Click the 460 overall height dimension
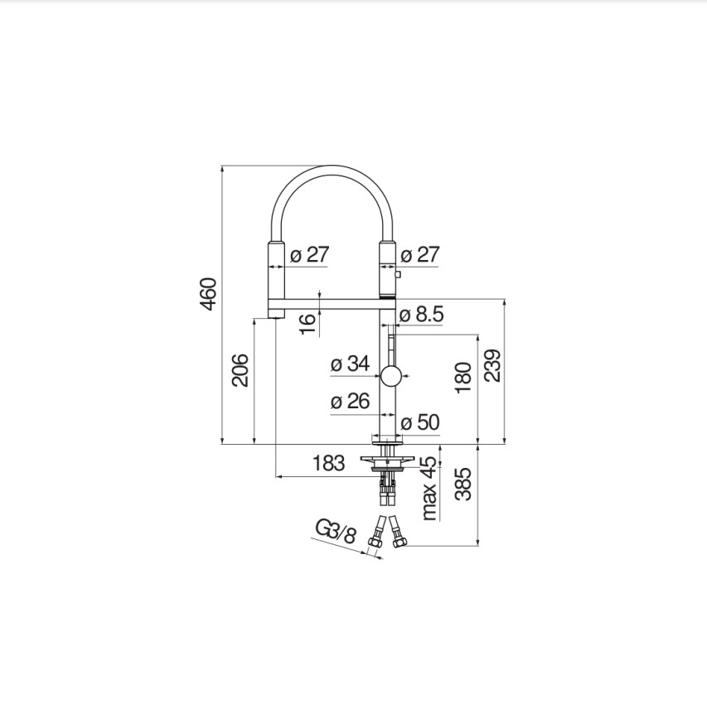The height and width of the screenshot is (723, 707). [x=209, y=294]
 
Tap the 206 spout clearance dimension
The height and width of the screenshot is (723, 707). [x=240, y=370]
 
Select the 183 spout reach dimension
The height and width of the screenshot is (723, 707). [x=328, y=463]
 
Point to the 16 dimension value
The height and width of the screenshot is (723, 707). [x=307, y=324]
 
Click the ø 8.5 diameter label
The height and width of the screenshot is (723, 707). [x=422, y=314]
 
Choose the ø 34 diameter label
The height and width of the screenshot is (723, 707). [x=351, y=364]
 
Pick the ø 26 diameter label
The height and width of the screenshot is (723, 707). [x=351, y=401]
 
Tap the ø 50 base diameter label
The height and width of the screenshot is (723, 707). [x=420, y=422]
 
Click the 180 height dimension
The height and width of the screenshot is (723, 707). [x=463, y=378]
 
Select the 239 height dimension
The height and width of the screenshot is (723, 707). [x=492, y=365]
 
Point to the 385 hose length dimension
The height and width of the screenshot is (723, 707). [x=463, y=484]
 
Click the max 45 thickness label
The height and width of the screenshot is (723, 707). [x=429, y=489]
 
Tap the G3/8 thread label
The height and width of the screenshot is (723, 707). [x=337, y=531]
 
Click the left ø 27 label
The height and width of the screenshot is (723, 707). [x=310, y=254]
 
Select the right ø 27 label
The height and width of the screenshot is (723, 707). [x=420, y=254]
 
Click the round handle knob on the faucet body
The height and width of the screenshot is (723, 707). [x=391, y=376]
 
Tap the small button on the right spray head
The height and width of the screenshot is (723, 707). [x=398, y=275]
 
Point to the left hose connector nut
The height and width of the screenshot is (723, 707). [x=375, y=542]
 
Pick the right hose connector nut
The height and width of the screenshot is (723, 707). [x=400, y=542]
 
